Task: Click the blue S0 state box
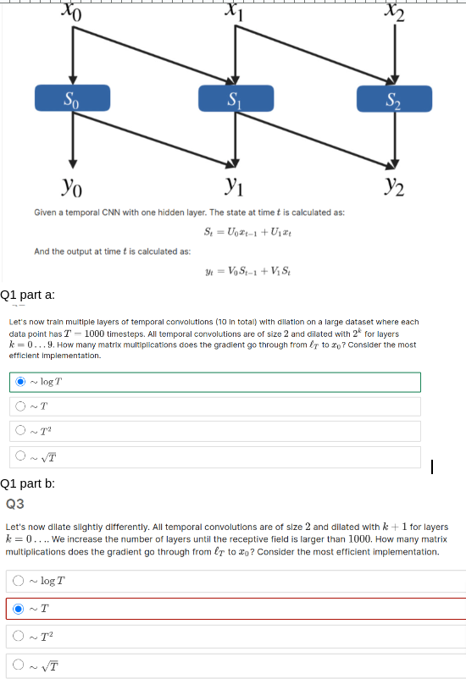73,98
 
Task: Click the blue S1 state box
234,98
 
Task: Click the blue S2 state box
392,98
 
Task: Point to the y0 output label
72,184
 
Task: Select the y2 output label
393,184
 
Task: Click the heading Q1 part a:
28,295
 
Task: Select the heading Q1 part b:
28,483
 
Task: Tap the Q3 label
15,503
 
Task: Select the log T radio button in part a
19,382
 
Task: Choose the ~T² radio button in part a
19,432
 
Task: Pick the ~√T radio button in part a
19,457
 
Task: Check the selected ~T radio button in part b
19,608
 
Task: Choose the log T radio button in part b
19,581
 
